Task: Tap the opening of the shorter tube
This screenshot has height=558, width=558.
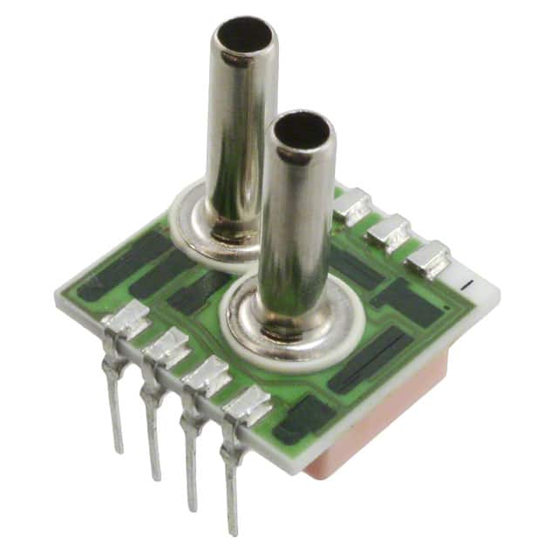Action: [x=303, y=131]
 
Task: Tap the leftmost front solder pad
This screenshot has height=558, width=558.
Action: [x=126, y=323]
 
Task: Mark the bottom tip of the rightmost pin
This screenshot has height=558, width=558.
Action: [x=233, y=531]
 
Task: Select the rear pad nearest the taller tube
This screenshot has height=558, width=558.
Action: [x=352, y=206]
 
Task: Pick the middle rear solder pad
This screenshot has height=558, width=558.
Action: [x=389, y=232]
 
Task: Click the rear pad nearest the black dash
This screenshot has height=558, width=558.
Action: [x=428, y=256]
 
